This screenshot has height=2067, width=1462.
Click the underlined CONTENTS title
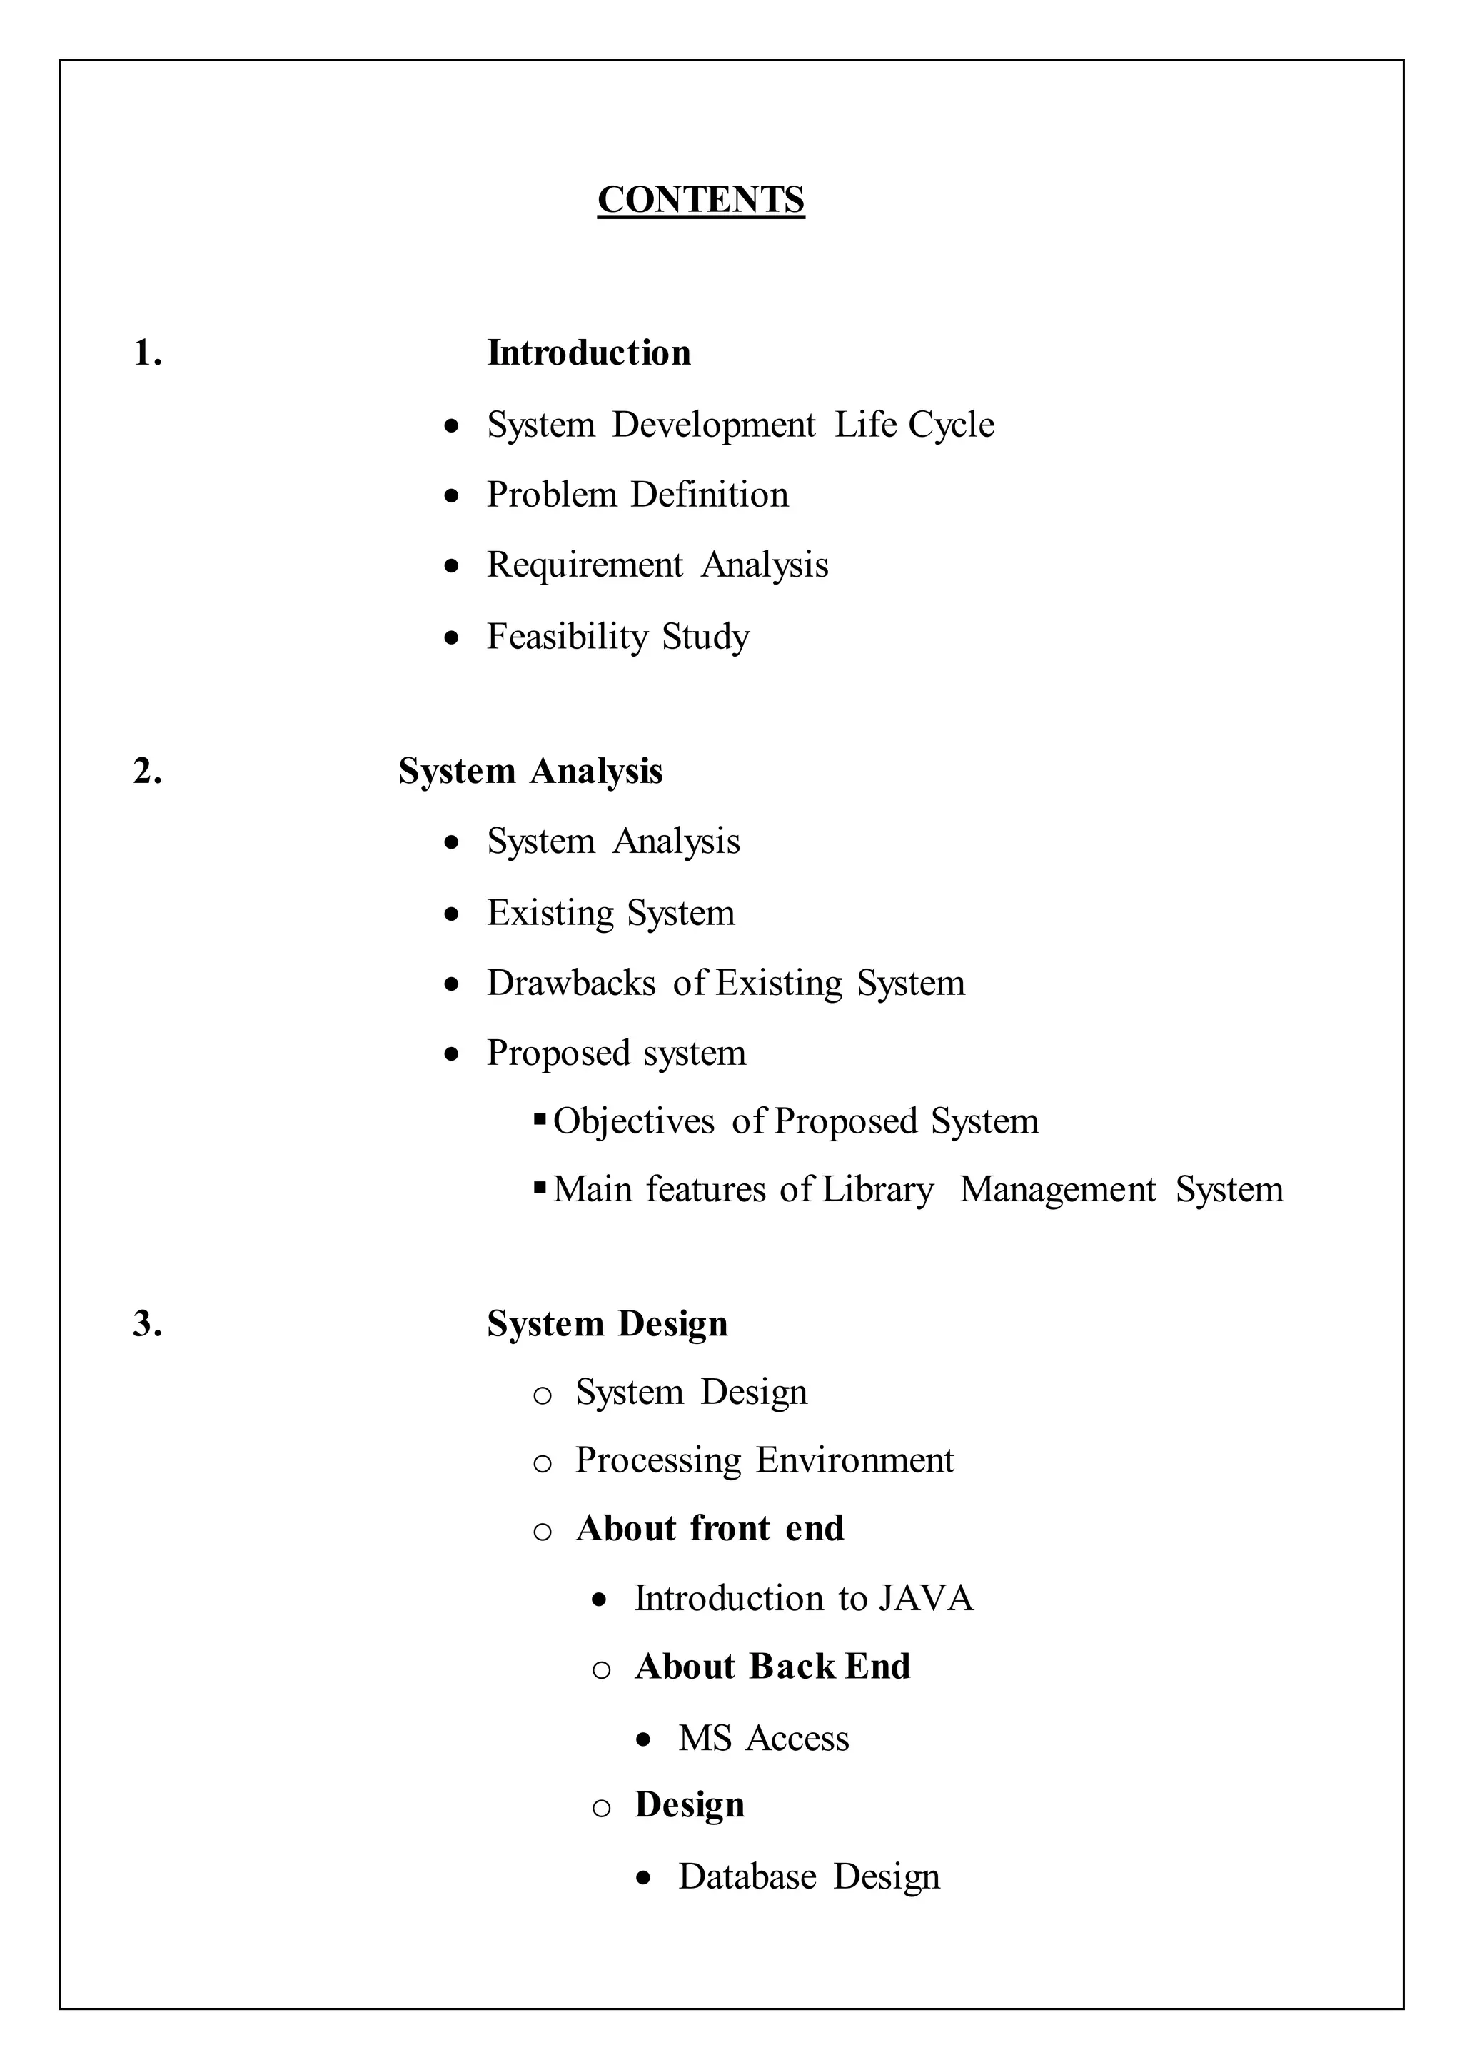point(700,200)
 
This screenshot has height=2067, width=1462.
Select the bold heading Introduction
point(589,353)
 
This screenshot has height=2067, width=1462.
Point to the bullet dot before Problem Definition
point(452,495)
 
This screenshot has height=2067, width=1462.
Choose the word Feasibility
point(567,637)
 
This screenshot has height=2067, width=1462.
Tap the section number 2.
point(147,772)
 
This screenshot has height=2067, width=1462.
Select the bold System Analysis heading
point(530,772)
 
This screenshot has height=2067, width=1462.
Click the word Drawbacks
point(571,983)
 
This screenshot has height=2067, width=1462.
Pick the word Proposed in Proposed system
point(558,1053)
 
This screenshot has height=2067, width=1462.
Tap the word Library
point(878,1190)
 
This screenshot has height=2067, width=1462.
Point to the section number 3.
point(147,1324)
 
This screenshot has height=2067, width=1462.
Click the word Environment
point(854,1460)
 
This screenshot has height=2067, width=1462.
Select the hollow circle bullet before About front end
point(542,1532)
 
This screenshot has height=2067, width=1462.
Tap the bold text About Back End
point(772,1667)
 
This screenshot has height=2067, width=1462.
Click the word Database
point(747,1876)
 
